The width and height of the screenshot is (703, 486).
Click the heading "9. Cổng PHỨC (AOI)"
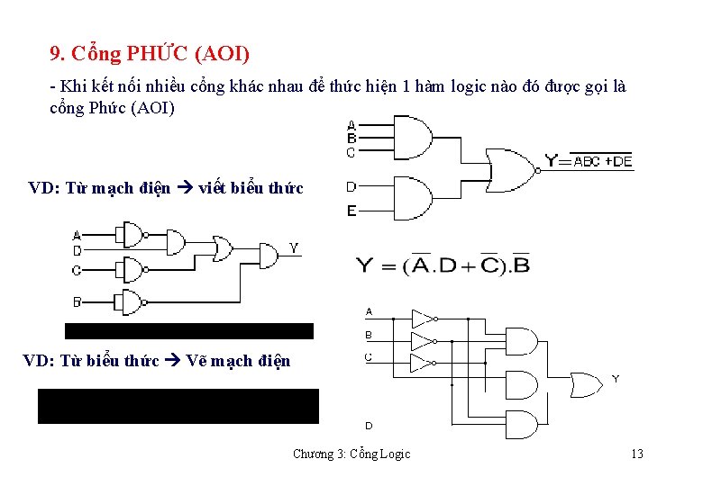click(151, 54)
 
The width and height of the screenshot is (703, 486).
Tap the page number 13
click(636, 454)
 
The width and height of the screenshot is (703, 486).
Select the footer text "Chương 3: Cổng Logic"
click(351, 454)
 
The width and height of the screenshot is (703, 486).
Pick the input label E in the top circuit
click(351, 211)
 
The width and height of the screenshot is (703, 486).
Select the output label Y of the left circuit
click(294, 247)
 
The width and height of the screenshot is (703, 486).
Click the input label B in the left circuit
click(77, 301)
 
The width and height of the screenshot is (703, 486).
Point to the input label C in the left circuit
click(77, 270)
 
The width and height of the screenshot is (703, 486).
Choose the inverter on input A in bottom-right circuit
click(423, 318)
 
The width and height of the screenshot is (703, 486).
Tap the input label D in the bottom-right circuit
click(369, 425)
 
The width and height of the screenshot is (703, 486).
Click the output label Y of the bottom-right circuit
click(615, 379)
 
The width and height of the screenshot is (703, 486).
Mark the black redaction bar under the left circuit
click(188, 330)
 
